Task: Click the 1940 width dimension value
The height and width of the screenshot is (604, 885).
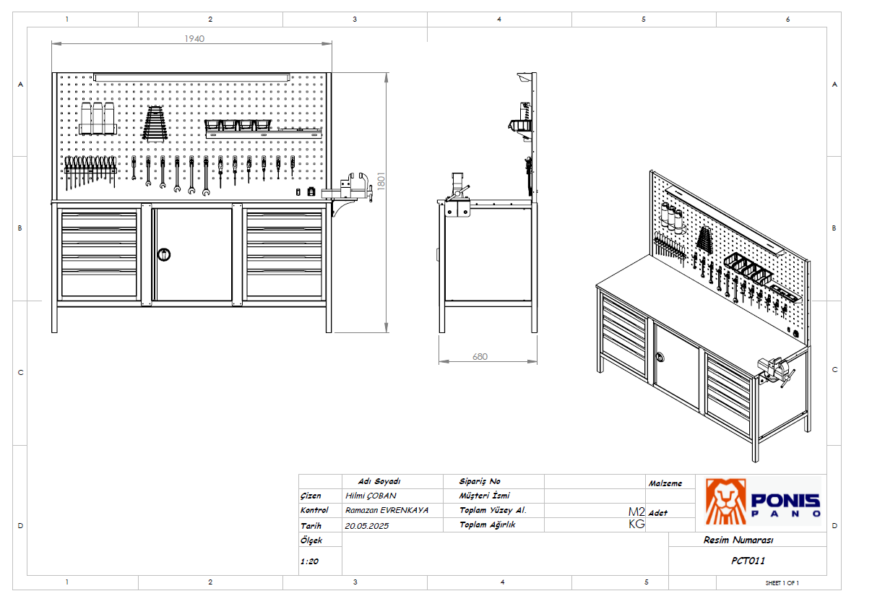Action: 194,39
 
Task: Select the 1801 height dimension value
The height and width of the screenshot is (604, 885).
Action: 381,181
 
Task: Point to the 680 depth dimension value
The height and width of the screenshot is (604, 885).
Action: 480,357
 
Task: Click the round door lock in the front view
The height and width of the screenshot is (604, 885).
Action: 164,254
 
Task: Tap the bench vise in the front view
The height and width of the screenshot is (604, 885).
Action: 349,188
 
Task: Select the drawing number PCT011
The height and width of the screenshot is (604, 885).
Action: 748,561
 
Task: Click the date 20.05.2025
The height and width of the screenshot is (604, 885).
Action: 367,526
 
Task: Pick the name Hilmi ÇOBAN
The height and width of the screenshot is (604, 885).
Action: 371,496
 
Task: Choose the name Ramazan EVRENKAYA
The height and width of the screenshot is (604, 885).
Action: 387,510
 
